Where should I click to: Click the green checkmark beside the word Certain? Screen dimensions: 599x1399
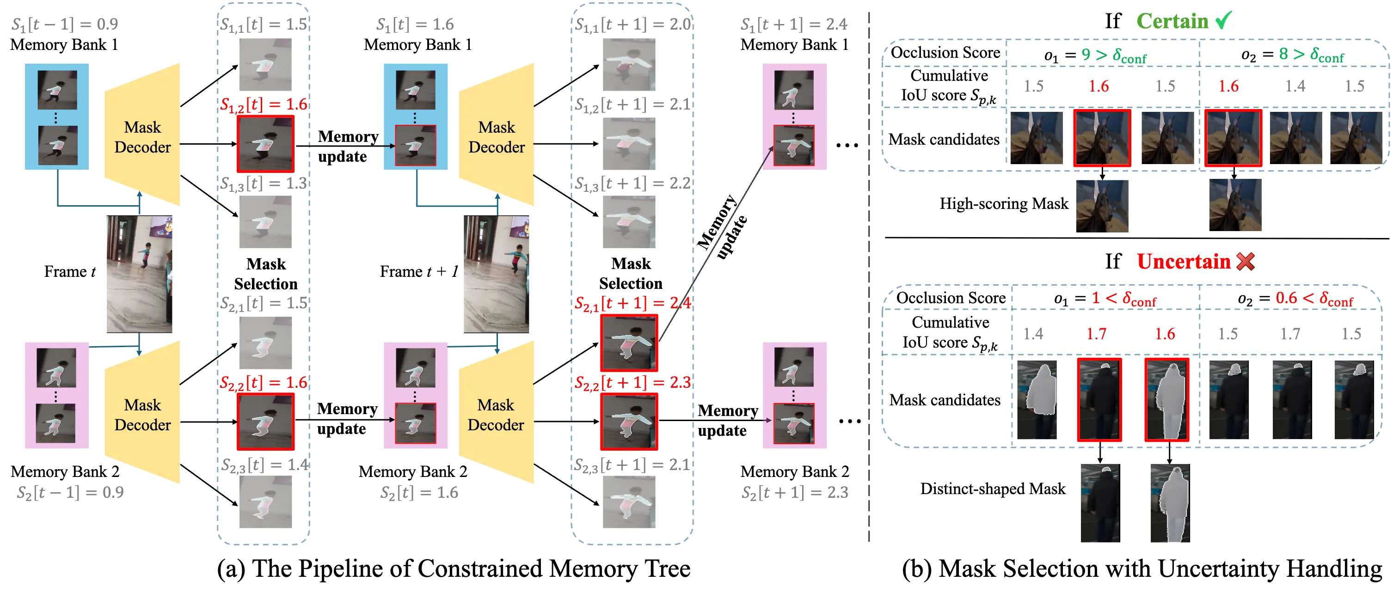click(x=1224, y=21)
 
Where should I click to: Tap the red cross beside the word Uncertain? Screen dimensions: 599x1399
click(x=1246, y=261)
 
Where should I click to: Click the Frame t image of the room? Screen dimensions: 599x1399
click(x=139, y=274)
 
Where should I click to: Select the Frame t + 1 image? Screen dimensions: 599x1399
click(x=496, y=274)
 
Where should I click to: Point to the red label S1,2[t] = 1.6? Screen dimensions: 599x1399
click(x=264, y=104)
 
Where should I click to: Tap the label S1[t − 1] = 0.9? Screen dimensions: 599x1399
click(x=65, y=24)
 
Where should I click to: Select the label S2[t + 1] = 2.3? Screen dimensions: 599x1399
click(x=795, y=492)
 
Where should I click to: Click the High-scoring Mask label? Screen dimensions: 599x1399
click(x=1004, y=204)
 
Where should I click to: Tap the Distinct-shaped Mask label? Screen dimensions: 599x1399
click(x=993, y=489)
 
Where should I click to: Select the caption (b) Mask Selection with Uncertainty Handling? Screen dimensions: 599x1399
click(x=1141, y=568)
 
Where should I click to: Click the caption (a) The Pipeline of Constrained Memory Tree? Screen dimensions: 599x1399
click(x=454, y=568)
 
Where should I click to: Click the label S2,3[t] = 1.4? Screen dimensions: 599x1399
click(x=264, y=465)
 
